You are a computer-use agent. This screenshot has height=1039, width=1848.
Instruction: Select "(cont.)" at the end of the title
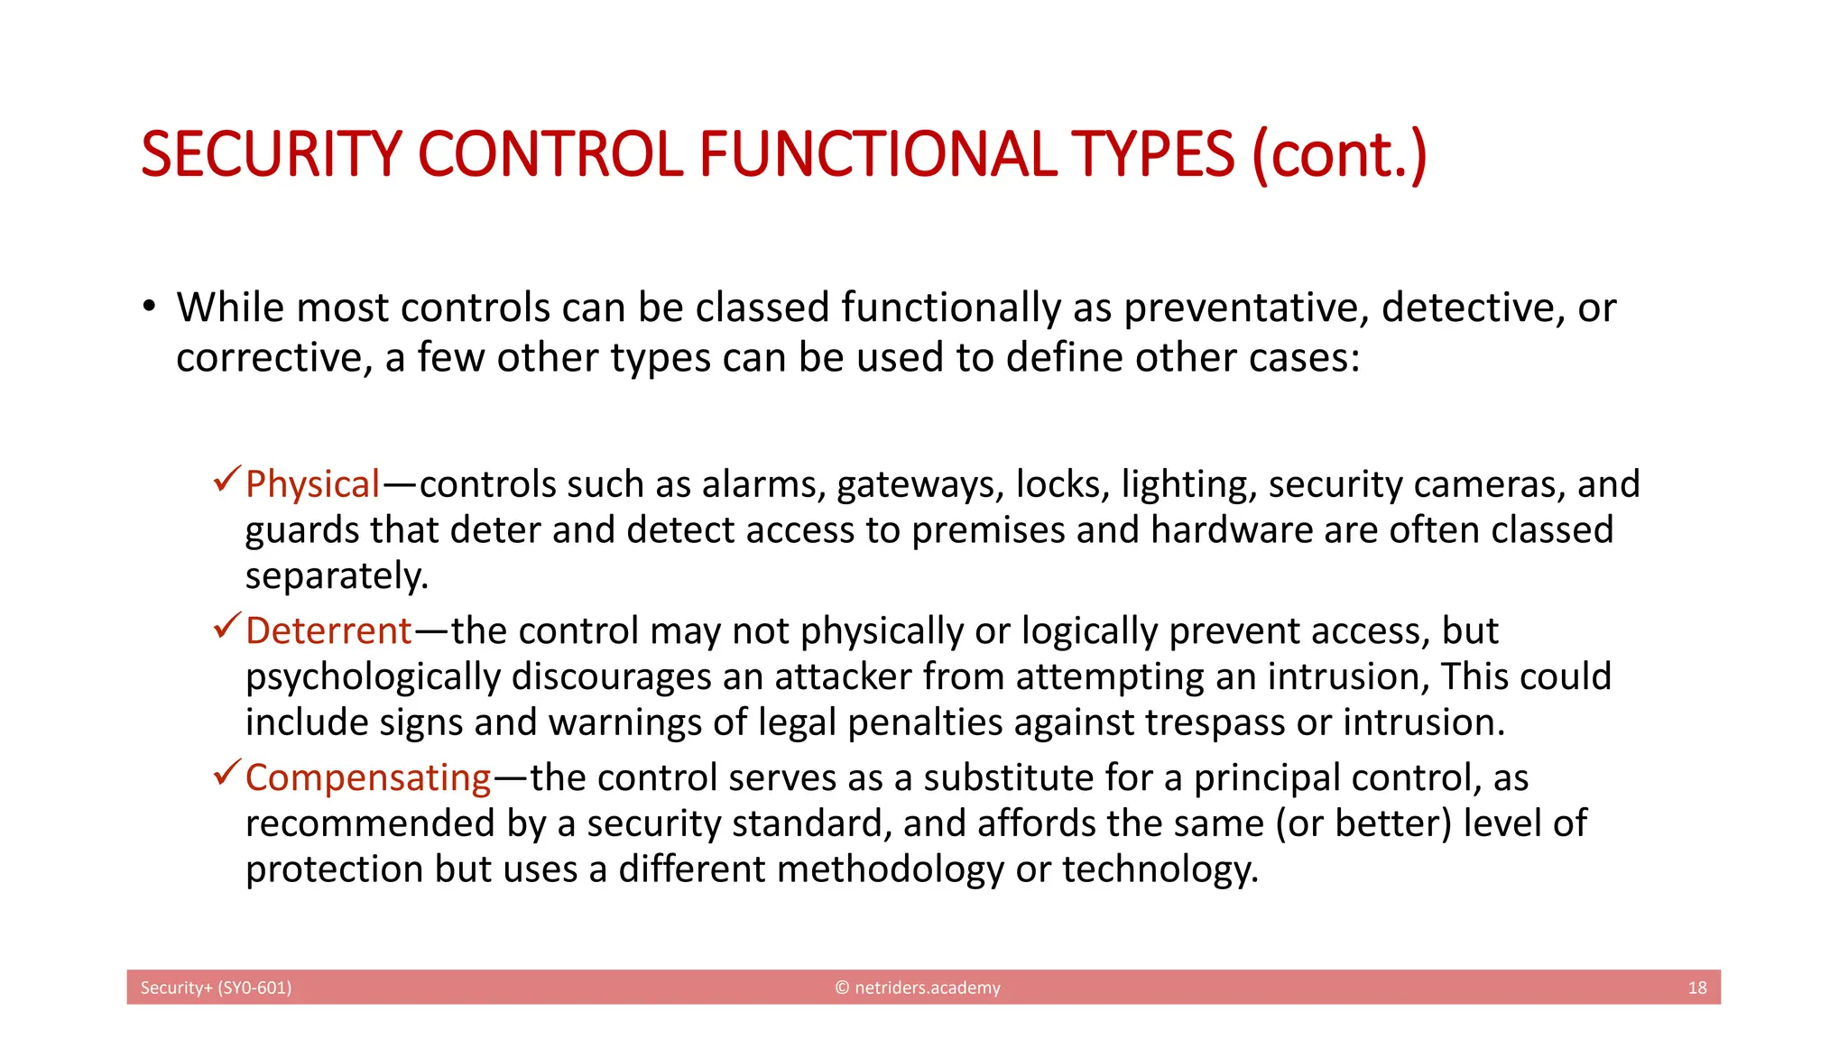click(x=1339, y=154)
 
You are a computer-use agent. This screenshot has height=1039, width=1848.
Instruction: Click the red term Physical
click(x=312, y=484)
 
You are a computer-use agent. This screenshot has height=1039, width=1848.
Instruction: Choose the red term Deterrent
click(x=328, y=630)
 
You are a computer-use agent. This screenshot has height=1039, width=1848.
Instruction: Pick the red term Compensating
click(x=368, y=777)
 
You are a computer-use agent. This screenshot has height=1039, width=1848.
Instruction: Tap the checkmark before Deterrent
click(x=226, y=625)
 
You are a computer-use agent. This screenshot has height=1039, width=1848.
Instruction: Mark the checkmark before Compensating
click(x=226, y=772)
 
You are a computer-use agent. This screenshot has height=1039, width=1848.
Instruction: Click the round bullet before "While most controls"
click(x=149, y=307)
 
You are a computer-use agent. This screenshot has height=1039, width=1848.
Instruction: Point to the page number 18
click(x=1696, y=988)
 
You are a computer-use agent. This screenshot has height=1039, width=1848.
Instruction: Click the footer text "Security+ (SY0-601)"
click(x=216, y=988)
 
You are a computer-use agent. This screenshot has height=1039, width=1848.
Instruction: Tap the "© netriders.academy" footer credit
click(x=918, y=988)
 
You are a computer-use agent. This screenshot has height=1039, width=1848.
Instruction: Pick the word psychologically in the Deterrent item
click(x=373, y=676)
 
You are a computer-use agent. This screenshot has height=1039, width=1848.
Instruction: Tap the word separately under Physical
click(x=336, y=576)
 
